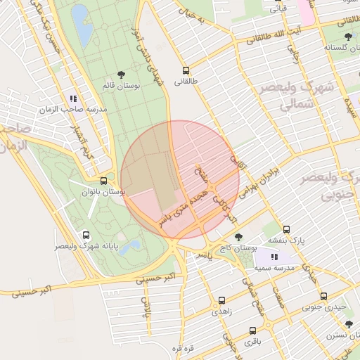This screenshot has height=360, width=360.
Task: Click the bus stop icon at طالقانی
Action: (186, 70)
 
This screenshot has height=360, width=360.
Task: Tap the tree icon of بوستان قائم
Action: (121, 74)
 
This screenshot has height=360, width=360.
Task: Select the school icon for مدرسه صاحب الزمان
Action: (73, 99)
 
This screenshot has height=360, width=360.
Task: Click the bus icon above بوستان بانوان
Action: (103, 181)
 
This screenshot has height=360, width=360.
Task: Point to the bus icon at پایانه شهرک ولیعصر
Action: (86, 236)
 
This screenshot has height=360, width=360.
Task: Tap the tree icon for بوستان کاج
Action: (238, 237)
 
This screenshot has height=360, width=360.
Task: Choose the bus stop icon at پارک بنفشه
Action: (286, 229)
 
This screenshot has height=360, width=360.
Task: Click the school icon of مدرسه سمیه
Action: (274, 257)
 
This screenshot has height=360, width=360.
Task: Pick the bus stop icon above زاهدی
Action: (222, 300)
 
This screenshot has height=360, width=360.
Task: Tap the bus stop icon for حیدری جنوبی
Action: (323, 296)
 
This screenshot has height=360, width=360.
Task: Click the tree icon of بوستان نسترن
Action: (349, 324)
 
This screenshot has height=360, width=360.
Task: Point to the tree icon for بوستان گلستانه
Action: (348, 37)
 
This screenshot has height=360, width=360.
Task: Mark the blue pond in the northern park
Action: (82, 25)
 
